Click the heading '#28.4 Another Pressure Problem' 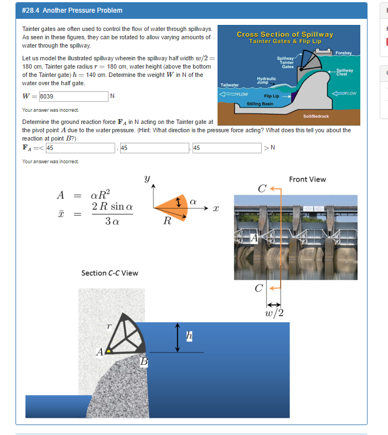tap(73, 11)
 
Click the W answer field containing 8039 tap(73, 96)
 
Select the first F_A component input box tap(80, 148)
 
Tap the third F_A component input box tap(226, 148)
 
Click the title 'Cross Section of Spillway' tap(285, 34)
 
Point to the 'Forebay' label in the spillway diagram tap(344, 53)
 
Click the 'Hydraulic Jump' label tap(266, 80)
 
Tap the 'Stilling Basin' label tap(260, 103)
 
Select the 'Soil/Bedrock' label tap(316, 116)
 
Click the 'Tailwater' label tap(229, 85)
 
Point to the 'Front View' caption tap(307, 179)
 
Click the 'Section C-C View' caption tap(110, 273)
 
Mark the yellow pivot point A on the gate tap(109, 350)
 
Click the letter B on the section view tap(144, 361)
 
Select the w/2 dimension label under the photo tap(275, 313)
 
